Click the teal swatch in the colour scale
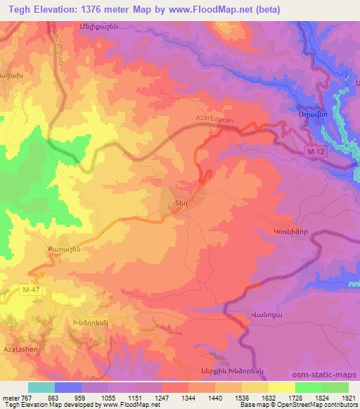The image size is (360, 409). (x=41, y=387)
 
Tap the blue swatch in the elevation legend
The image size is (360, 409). (x=68, y=387)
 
